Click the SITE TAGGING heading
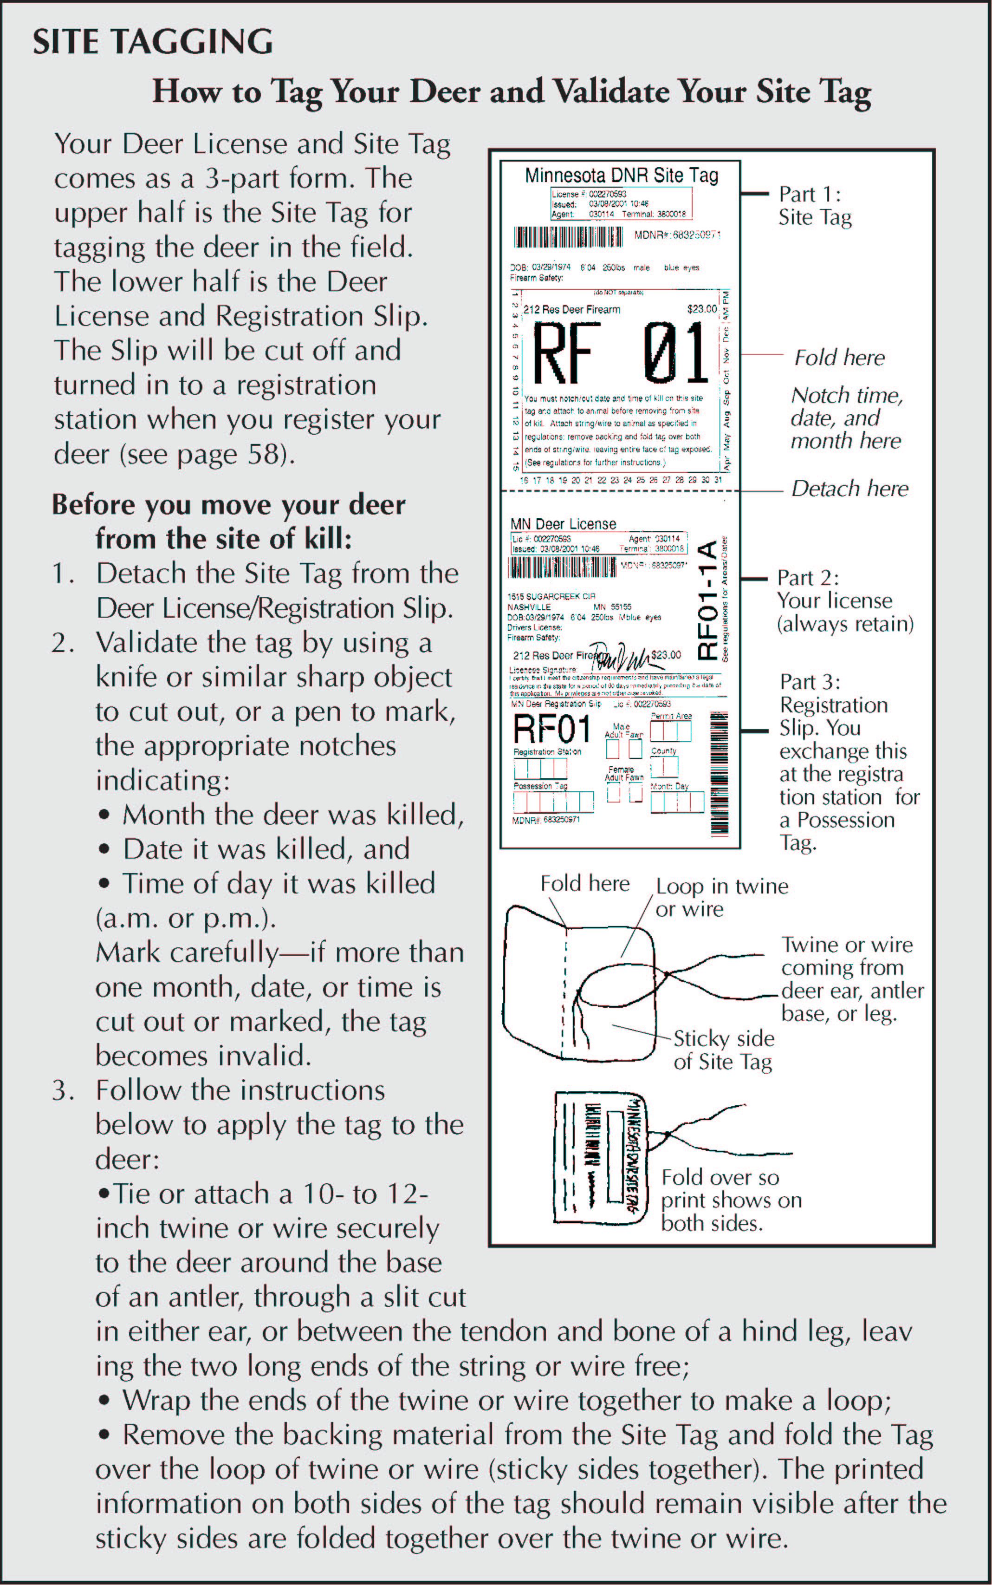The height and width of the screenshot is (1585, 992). [x=153, y=42]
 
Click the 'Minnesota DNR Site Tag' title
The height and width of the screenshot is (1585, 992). [x=621, y=175]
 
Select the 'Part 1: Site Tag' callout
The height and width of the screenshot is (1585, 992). [x=814, y=205]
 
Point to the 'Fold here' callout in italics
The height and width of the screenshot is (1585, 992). [x=839, y=358]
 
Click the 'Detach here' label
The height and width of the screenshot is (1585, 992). [x=849, y=488]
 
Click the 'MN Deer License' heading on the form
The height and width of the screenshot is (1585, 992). [x=563, y=524]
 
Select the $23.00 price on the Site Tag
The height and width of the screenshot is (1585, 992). [x=701, y=308]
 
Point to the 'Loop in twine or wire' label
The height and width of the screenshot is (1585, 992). [x=722, y=897]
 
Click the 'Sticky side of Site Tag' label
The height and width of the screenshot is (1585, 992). [x=724, y=1050]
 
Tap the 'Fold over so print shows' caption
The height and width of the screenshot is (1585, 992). [x=730, y=1200]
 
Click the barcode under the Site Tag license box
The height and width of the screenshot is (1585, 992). [x=568, y=236]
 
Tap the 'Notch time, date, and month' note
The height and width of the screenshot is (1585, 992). [x=846, y=418]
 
